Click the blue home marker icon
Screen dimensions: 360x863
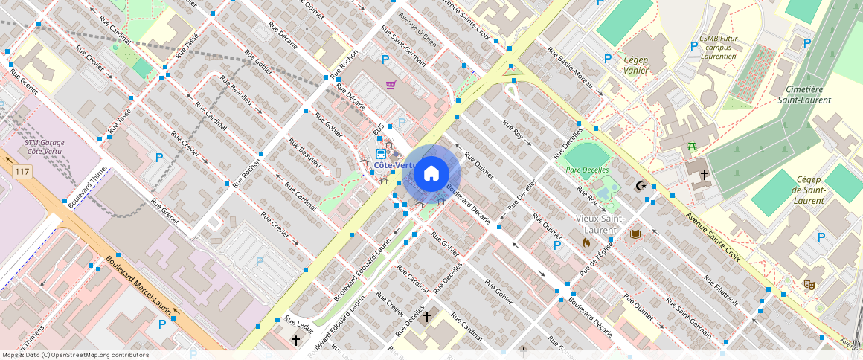(431, 174)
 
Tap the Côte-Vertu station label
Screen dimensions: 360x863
(395, 165)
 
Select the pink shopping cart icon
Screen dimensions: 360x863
(391, 84)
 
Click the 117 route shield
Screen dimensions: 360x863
(22, 172)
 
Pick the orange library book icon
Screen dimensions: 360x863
(635, 234)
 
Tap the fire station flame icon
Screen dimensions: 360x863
(586, 242)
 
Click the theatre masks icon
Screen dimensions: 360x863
(809, 283)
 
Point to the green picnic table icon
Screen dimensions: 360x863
(693, 147)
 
